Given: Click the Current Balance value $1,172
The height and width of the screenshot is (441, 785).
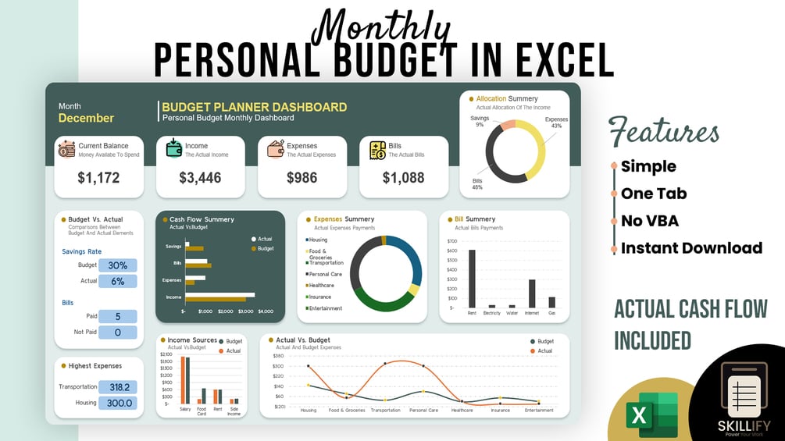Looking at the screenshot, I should pyautogui.click(x=98, y=178).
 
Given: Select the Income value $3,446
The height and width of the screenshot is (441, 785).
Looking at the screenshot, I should pyautogui.click(x=200, y=178).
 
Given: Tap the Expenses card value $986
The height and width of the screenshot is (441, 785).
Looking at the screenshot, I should pyautogui.click(x=302, y=178).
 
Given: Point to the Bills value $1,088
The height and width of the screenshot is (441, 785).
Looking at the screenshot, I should pyautogui.click(x=403, y=178).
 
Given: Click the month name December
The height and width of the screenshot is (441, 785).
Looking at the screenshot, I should pyautogui.click(x=86, y=119).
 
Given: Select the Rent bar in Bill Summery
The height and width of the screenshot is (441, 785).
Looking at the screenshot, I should pyautogui.click(x=472, y=279).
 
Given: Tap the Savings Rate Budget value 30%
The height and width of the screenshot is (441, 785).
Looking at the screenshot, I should pyautogui.click(x=117, y=265).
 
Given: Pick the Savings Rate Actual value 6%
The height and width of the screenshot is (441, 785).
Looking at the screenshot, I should pyautogui.click(x=117, y=281).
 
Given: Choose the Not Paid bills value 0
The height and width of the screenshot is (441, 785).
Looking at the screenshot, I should pyautogui.click(x=117, y=333).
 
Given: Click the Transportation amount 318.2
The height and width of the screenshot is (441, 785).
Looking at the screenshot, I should pyautogui.click(x=120, y=387).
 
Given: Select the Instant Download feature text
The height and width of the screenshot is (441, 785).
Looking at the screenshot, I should pyautogui.click(x=691, y=248).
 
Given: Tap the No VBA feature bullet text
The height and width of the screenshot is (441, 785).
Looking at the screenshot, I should pyautogui.click(x=649, y=221).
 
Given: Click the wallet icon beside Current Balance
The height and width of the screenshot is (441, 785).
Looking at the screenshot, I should pyautogui.click(x=66, y=149).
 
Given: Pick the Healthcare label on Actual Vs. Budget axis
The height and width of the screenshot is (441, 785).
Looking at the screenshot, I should pyautogui.click(x=462, y=410).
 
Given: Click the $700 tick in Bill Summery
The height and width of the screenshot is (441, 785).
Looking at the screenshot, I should pyautogui.click(x=452, y=240).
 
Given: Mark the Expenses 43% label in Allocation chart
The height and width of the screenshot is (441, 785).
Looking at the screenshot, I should pyautogui.click(x=556, y=123).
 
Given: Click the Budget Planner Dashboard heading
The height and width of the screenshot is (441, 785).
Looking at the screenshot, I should pyautogui.click(x=254, y=107).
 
